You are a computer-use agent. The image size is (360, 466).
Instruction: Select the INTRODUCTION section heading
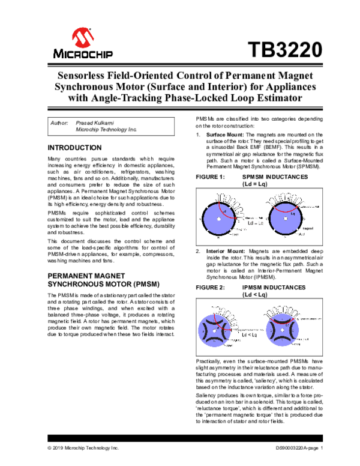(74, 148)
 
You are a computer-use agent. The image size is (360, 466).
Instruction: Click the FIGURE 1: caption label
(211, 178)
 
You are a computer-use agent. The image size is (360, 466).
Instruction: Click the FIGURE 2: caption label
(211, 288)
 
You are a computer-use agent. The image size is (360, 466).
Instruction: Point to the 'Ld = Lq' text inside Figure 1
(256, 223)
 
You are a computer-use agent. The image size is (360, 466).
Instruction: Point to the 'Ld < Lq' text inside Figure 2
(256, 334)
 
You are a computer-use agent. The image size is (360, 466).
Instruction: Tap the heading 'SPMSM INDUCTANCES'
(274, 178)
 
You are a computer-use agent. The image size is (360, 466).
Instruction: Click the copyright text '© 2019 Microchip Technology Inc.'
(83, 448)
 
